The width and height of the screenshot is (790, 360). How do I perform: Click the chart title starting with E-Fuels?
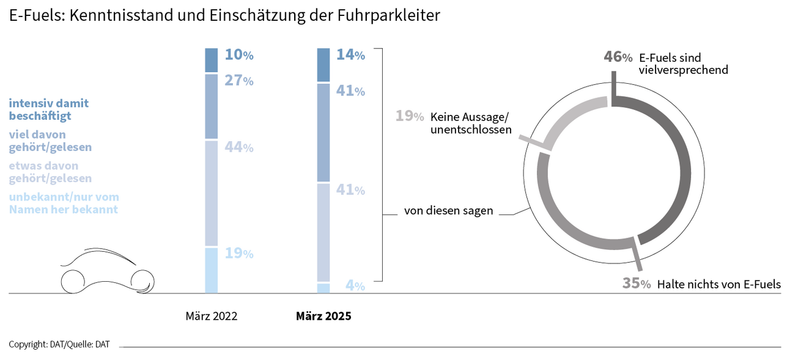pyautogui.click(x=224, y=16)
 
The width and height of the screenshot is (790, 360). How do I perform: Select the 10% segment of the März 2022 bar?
pyautogui.click(x=211, y=60)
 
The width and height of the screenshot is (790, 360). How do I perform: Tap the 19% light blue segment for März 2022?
pyautogui.click(x=211, y=270)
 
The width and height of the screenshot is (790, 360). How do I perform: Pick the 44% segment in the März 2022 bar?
pyautogui.click(x=211, y=193)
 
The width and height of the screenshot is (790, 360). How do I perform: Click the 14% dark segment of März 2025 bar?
pyautogui.click(x=323, y=65)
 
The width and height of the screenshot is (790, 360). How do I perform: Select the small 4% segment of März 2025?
pyautogui.click(x=323, y=288)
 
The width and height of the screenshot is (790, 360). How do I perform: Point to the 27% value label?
pyautogui.click(x=238, y=80)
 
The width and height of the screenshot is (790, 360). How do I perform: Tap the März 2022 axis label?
pyautogui.click(x=211, y=317)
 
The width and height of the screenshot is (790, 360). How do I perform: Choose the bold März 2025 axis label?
pyautogui.click(x=323, y=317)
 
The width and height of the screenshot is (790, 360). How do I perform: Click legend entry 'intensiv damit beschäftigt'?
pyautogui.click(x=48, y=109)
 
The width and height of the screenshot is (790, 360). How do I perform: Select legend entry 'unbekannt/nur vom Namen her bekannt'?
pyautogui.click(x=64, y=203)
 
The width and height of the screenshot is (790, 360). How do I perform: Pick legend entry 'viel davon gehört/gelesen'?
pyautogui.click(x=50, y=141)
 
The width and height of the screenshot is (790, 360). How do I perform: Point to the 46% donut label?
pyautogui.click(x=618, y=57)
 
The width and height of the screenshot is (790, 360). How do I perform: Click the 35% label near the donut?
pyautogui.click(x=636, y=284)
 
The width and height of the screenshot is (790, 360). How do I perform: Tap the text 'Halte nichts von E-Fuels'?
pyautogui.click(x=718, y=284)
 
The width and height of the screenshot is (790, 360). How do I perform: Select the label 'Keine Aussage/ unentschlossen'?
pyautogui.click(x=471, y=123)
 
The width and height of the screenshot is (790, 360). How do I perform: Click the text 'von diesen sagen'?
pyautogui.click(x=448, y=211)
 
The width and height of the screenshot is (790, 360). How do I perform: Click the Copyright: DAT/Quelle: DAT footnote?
pyautogui.click(x=59, y=345)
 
